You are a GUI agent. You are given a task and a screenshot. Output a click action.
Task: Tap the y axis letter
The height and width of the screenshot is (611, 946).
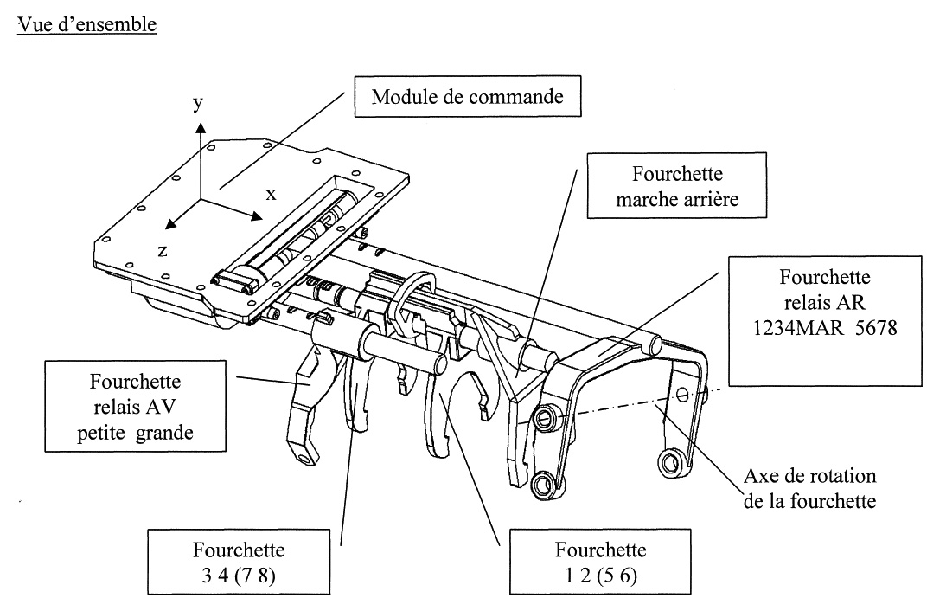click(200, 104)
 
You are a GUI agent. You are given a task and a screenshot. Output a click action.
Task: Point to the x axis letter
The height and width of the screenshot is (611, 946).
click(271, 195)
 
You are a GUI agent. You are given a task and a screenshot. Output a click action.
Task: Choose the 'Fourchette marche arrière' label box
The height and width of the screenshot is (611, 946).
click(671, 184)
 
